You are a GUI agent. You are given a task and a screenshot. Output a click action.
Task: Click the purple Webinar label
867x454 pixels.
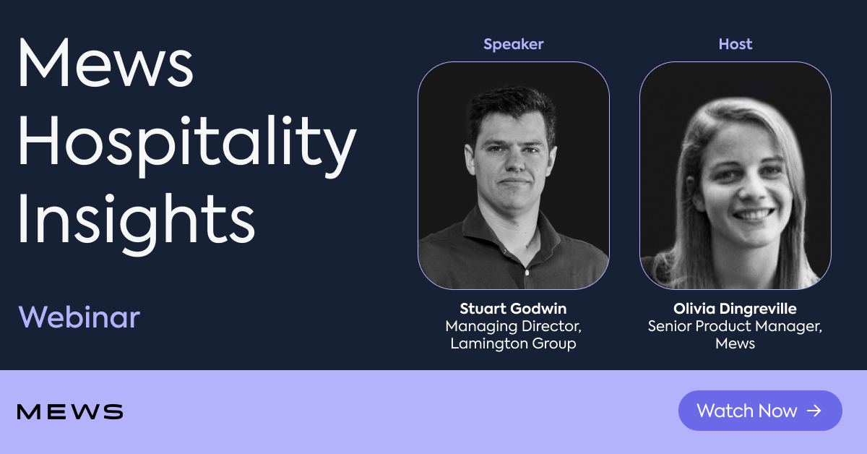click(79, 317)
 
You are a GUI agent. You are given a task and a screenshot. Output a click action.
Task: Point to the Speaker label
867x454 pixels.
click(513, 44)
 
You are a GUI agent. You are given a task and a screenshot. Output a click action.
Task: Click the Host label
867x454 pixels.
click(735, 44)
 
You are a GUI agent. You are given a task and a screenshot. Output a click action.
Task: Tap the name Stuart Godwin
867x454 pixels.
click(513, 309)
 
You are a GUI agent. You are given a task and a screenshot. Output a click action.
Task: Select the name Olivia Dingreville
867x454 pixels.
click(735, 309)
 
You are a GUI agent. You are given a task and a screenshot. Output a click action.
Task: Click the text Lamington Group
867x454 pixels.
click(513, 343)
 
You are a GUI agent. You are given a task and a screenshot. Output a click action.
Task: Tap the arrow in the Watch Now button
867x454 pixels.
click(814, 411)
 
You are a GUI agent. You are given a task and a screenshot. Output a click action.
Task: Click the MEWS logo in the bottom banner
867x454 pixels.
click(70, 412)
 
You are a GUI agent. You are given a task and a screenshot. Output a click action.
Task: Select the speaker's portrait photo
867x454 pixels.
click(513, 175)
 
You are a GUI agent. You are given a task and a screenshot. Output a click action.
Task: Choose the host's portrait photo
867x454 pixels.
click(735, 175)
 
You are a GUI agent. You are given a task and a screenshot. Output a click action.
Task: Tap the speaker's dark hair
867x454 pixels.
click(509, 105)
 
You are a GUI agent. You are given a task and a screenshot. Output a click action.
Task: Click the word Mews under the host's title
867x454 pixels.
click(735, 343)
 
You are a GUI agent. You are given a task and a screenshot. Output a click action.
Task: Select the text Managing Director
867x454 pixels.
click(513, 326)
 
